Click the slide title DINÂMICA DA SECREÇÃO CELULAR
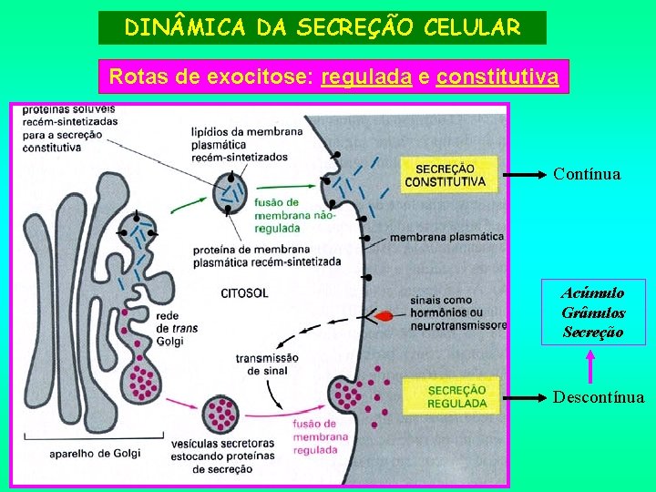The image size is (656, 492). click(323, 27)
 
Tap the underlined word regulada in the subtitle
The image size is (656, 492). click(367, 77)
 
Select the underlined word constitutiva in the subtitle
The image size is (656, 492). click(497, 77)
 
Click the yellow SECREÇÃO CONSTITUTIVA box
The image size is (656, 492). click(449, 175)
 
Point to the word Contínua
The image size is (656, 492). click(587, 174)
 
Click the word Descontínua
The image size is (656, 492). click(599, 397)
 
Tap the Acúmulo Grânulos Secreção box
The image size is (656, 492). click(593, 313)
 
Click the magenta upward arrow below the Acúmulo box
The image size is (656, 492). click(591, 365)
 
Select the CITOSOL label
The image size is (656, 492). click(244, 293)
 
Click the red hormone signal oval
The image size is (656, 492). click(384, 316)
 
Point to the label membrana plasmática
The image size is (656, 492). click(446, 237)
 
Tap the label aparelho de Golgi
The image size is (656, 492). click(95, 453)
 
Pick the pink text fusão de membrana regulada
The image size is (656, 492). click(315, 436)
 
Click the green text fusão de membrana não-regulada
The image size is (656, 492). click(291, 215)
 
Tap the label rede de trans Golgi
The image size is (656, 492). click(170, 328)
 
